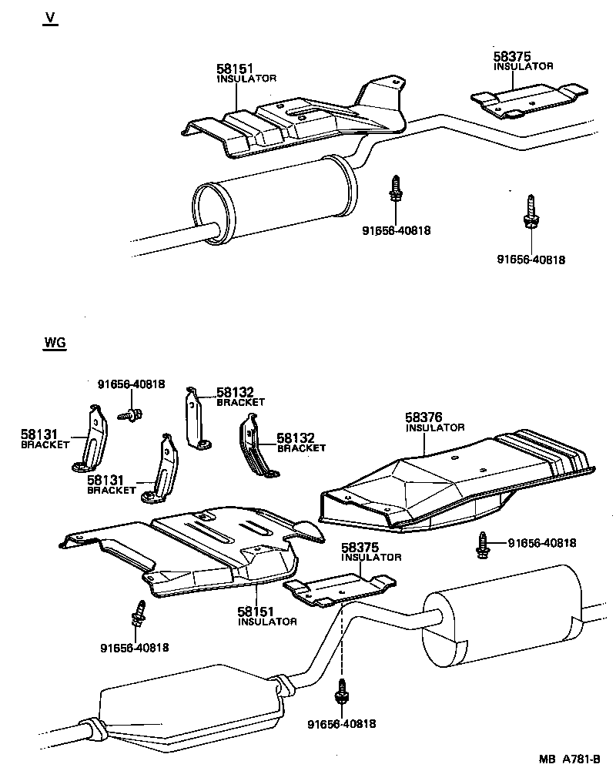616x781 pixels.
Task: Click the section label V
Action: [x=50, y=19]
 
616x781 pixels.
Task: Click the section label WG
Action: [x=55, y=344]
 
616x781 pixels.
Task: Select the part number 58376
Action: [x=423, y=417]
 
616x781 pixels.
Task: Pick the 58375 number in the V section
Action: [x=512, y=57]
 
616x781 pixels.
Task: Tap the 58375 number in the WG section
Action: [x=360, y=547]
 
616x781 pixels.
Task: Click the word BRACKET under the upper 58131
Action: [x=45, y=445]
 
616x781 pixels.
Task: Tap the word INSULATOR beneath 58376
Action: [x=435, y=427]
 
